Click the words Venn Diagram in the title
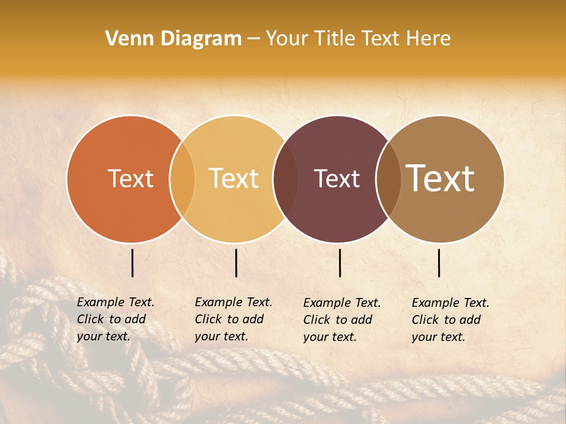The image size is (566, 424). (x=173, y=39)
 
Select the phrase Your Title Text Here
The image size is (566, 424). (x=358, y=39)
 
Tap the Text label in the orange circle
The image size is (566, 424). (x=130, y=179)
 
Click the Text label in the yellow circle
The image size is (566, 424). (x=234, y=178)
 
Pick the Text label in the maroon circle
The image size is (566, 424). (x=337, y=179)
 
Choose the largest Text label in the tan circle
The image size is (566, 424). (x=440, y=178)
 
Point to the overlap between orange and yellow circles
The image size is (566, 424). (x=182, y=179)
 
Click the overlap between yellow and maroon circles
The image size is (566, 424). (x=286, y=179)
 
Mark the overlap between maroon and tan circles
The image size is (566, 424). (x=389, y=179)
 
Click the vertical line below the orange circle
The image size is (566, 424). (x=133, y=263)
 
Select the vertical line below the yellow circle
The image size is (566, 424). (x=236, y=263)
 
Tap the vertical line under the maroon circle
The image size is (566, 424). (x=340, y=263)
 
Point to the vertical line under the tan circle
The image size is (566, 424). (x=439, y=263)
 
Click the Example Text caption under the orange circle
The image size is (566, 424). (x=115, y=319)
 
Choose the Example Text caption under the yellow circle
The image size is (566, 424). (x=233, y=319)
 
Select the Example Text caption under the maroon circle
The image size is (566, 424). (x=341, y=320)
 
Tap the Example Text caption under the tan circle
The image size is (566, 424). (x=450, y=320)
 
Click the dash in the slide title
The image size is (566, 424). (x=254, y=39)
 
